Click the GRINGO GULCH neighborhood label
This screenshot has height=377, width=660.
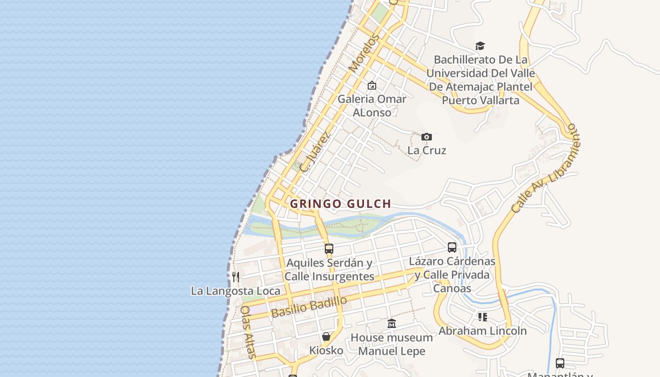(340, 204)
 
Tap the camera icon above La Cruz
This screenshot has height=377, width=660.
(427, 137)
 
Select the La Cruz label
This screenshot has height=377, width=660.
(427, 150)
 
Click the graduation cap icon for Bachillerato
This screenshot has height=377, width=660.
(480, 46)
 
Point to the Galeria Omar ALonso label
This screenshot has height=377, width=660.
(372, 106)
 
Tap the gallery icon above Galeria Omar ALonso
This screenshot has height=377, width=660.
(372, 85)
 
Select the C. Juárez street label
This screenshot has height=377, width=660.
(315, 151)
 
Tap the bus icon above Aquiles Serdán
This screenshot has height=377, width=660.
(329, 248)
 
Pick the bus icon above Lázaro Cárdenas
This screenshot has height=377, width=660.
(452, 247)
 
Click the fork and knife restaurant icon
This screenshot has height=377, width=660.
(236, 277)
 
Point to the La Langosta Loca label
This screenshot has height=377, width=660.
(235, 291)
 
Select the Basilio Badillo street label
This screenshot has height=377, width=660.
(309, 307)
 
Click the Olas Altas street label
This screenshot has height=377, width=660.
(248, 332)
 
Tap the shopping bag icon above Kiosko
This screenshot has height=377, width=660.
(326, 336)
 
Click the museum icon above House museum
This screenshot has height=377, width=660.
(392, 323)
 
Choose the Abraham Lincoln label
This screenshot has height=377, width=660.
(482, 331)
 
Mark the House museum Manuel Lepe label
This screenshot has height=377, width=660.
(392, 344)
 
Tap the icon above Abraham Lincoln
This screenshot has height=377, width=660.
(482, 317)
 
